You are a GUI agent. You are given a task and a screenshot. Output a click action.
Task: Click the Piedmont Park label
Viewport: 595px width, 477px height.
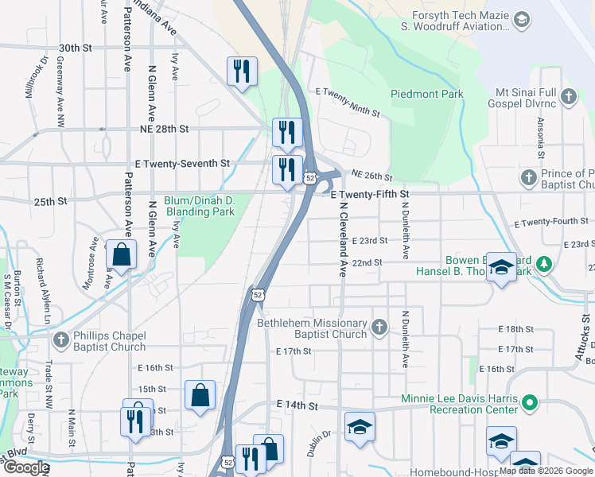[426, 94]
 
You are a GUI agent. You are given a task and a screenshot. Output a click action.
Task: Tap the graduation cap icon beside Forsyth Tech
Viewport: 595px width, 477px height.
[522, 19]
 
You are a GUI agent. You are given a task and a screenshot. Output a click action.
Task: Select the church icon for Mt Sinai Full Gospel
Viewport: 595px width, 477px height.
[568, 97]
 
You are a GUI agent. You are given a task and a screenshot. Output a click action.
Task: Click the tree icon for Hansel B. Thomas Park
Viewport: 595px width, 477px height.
[543, 262]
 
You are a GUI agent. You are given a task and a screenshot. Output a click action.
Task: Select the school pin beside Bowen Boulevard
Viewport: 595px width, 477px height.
[501, 268]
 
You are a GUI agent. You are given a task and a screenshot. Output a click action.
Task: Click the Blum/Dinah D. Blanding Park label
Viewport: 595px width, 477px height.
[199, 206]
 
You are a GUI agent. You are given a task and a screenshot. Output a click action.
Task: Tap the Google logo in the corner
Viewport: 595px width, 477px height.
[25, 467]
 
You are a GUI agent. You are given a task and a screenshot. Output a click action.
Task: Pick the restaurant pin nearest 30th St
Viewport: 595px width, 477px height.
[240, 72]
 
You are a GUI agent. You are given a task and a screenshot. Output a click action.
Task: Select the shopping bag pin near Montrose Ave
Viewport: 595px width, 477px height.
[121, 255]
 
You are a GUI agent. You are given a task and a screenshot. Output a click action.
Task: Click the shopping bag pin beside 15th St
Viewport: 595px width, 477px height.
[200, 394]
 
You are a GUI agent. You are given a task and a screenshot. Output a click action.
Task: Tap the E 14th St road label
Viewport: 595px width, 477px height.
[297, 406]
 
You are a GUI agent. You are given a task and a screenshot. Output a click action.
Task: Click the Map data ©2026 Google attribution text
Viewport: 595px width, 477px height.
[545, 470]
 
